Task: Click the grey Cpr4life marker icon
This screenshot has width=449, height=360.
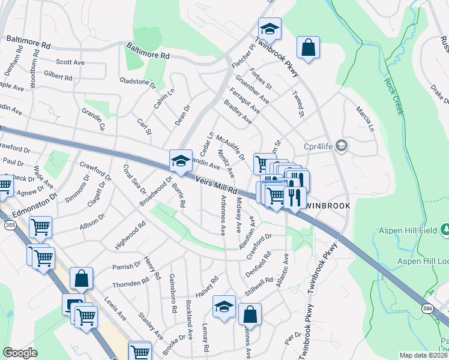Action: [x=342, y=146]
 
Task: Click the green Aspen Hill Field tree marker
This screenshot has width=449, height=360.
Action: [x=444, y=229]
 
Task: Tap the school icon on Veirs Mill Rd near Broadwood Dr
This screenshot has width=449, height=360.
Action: [x=181, y=161]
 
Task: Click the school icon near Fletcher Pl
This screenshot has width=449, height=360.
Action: [x=270, y=29]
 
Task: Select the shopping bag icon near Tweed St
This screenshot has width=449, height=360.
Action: [x=308, y=48]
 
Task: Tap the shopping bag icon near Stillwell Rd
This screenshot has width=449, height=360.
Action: [x=250, y=314]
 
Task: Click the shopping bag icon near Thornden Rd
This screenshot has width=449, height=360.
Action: [x=81, y=278]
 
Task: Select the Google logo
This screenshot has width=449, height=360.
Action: [x=20, y=353]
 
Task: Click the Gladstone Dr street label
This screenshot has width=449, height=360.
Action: [x=137, y=82]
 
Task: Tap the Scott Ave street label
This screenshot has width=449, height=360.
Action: [x=70, y=62]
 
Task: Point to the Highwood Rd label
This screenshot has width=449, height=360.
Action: [x=130, y=236]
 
